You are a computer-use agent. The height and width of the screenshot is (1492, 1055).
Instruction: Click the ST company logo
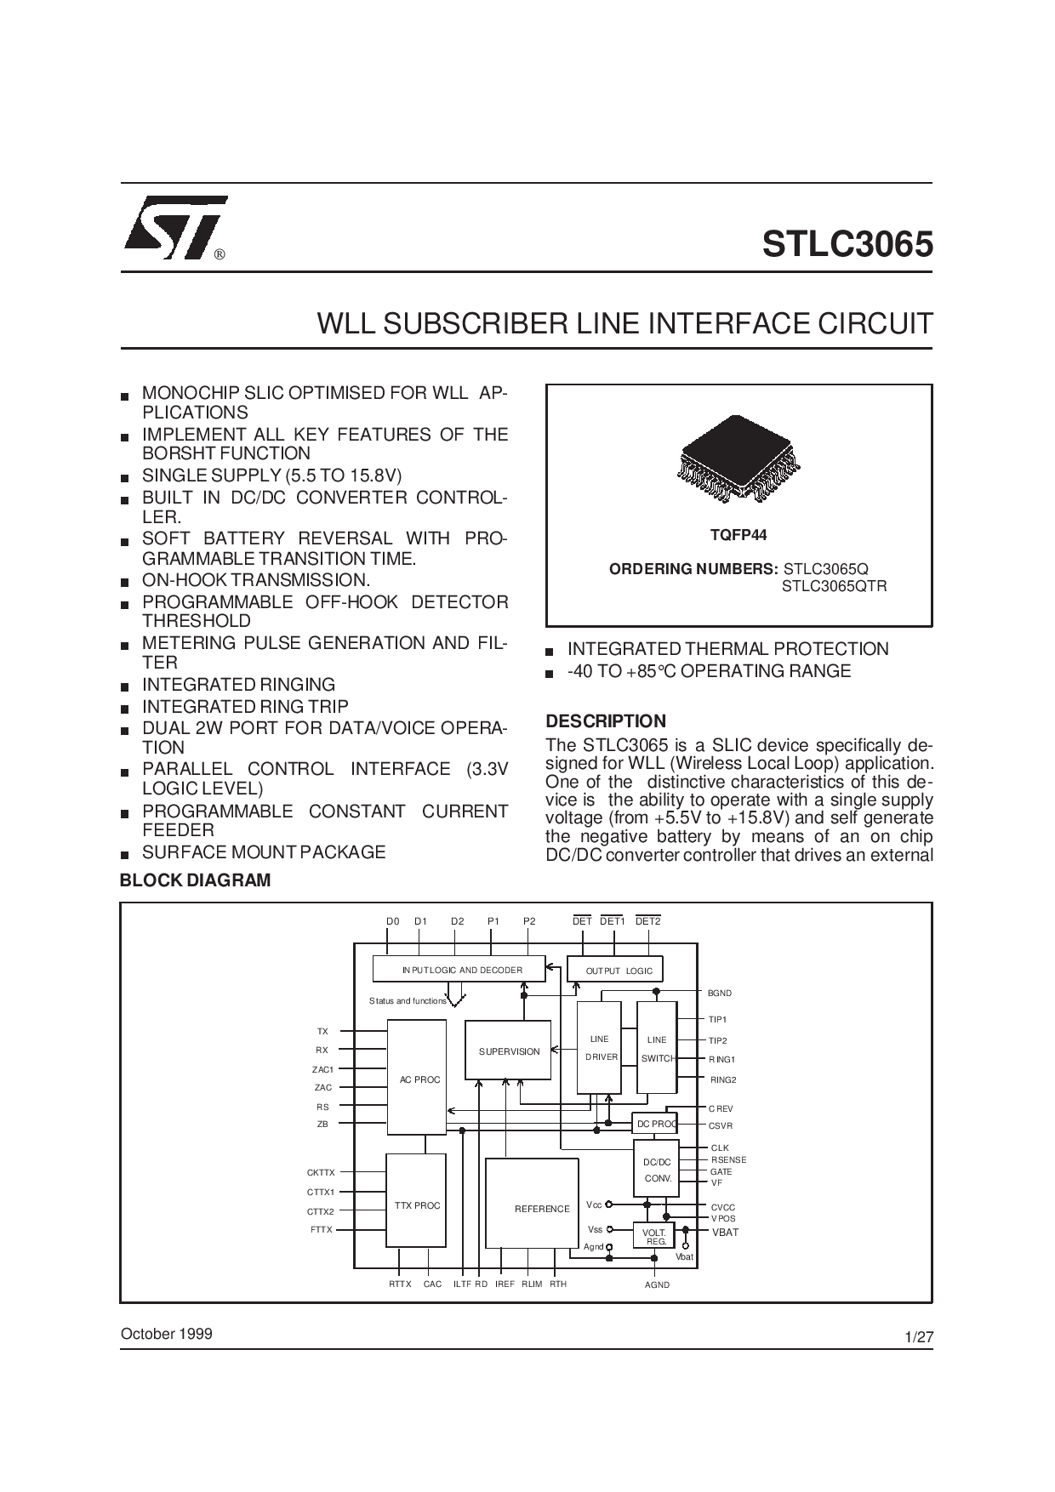pos(176,228)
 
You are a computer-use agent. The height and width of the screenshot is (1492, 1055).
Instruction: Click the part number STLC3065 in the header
pos(847,244)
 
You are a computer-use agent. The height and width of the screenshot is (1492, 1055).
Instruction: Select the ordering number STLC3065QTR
pos(835,586)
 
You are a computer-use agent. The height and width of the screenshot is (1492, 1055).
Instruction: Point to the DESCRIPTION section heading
pos(606,721)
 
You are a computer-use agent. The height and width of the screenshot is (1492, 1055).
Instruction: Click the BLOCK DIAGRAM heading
pos(196,880)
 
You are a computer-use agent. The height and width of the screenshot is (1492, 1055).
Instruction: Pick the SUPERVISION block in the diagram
pos(509,1051)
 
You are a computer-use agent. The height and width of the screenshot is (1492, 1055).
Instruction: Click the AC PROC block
pos(417,1078)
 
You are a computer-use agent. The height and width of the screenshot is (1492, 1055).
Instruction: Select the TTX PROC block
pos(416,1200)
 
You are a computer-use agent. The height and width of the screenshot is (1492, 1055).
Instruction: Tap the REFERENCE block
pos(532,1204)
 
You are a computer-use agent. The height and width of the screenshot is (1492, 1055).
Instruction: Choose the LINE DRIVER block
pos(599,1047)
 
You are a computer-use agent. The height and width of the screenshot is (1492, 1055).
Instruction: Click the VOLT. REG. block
pos(653,1236)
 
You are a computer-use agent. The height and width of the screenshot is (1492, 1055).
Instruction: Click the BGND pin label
pos(720,993)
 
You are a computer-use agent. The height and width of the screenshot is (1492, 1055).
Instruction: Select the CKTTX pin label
pos(321,1172)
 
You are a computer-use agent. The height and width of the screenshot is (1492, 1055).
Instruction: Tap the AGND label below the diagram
pos(657,1284)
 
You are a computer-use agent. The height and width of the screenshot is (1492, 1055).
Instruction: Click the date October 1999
pos(167,1334)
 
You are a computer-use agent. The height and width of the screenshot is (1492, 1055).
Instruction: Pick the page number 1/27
pos(920,1336)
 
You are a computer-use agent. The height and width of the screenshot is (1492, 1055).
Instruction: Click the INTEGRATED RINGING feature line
pos(238,685)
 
